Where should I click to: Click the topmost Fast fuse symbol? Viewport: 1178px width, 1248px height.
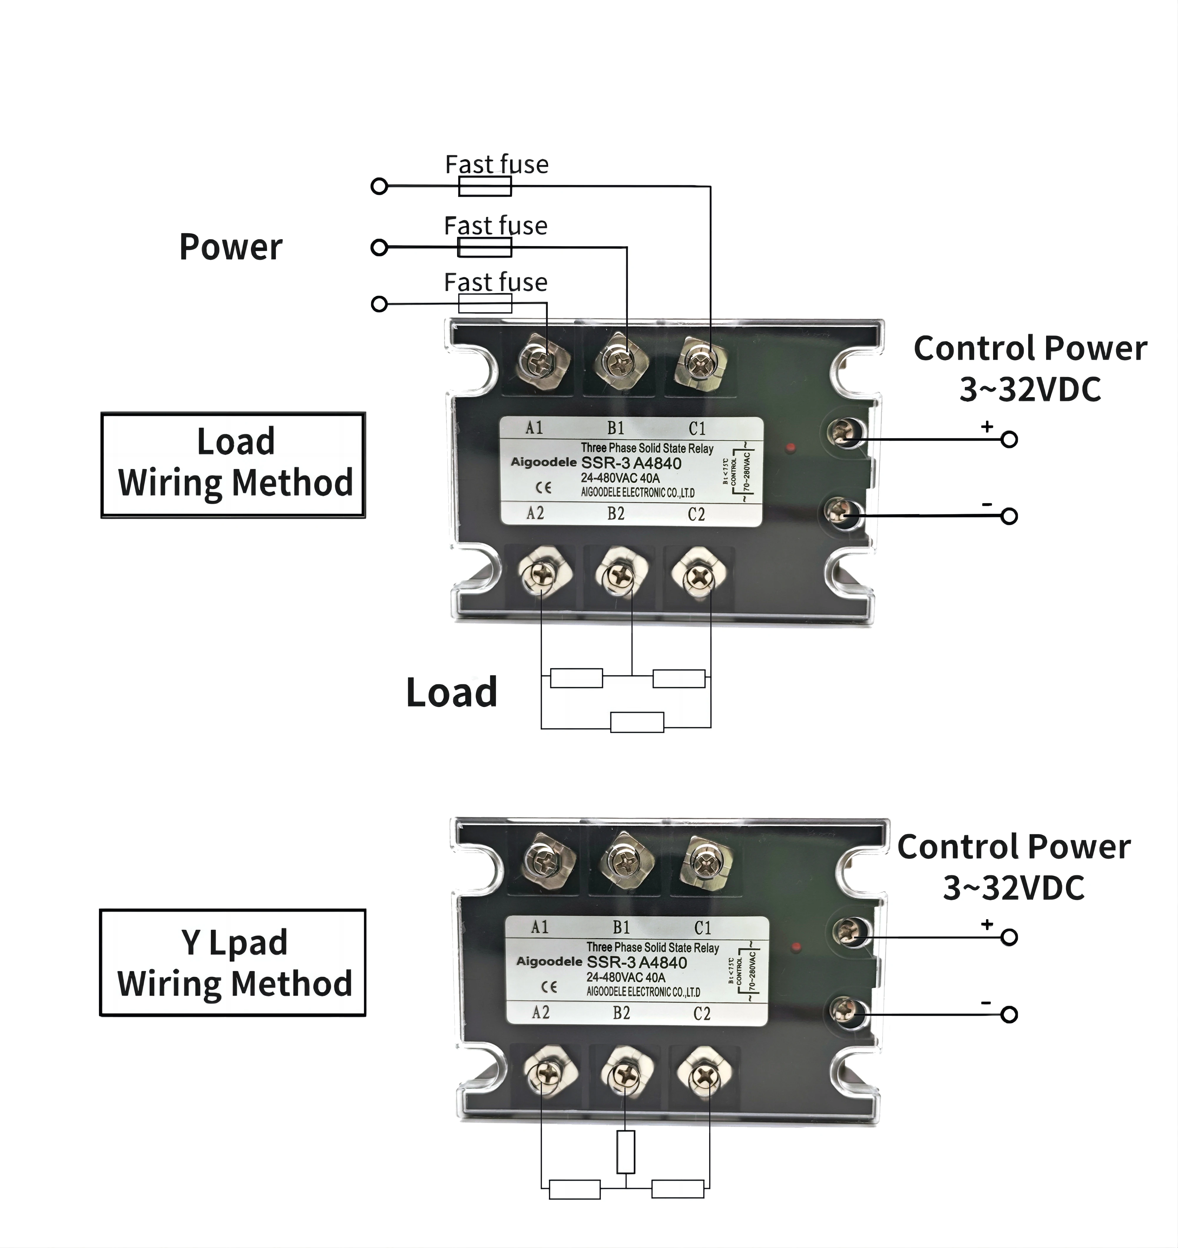pos(485,186)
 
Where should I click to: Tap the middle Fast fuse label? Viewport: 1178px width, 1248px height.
pos(495,225)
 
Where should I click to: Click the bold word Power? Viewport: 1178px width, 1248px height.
pos(231,247)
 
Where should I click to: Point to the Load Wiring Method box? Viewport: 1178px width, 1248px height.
pos(233,465)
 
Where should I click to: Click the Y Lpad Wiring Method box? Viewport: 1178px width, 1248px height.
pos(233,962)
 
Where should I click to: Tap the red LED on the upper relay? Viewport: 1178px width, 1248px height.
pos(790,448)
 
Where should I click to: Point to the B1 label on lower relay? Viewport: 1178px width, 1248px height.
pos(621,927)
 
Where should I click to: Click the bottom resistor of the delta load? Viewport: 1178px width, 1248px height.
pos(637,722)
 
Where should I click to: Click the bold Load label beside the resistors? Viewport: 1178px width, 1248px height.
pos(451,692)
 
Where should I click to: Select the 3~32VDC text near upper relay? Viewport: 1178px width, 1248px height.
pos(1030,389)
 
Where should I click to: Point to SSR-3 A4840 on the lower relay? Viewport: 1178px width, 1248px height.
pos(636,962)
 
